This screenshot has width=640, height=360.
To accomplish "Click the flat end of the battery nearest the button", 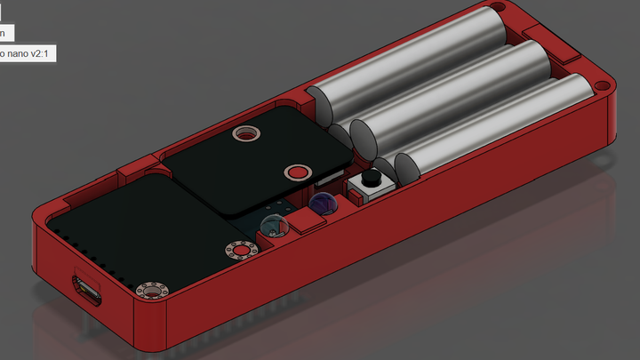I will pos(407,167).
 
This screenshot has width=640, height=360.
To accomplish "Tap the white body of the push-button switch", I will pos(368,188).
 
